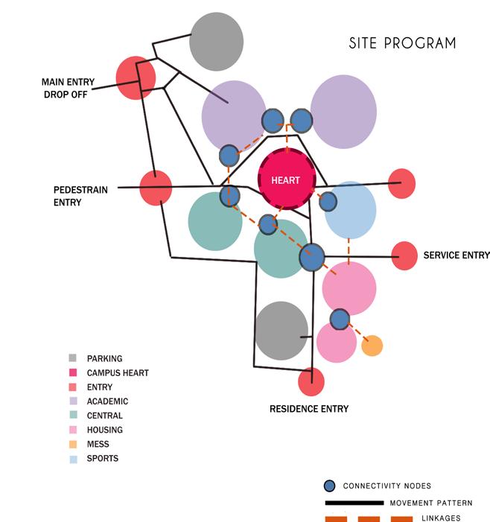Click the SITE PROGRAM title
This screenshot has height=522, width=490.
(x=402, y=43)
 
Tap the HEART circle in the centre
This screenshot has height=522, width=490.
(x=287, y=180)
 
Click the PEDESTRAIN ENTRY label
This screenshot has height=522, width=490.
(x=80, y=196)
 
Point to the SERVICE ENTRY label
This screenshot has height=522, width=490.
(x=456, y=255)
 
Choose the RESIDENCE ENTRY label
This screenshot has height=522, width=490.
(x=309, y=409)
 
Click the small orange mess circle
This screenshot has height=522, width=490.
(x=372, y=346)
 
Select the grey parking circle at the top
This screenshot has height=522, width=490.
(x=216, y=41)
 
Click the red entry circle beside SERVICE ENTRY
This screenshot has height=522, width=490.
(x=404, y=255)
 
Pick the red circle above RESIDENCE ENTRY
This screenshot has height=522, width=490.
(x=311, y=382)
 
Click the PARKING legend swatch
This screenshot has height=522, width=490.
(x=72, y=358)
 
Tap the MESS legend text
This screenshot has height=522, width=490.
(x=98, y=445)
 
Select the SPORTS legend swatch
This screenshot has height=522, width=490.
(x=72, y=459)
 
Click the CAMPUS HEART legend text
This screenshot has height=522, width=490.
(x=118, y=372)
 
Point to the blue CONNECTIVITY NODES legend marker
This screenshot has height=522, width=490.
(x=329, y=486)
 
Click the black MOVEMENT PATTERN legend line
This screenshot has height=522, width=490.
(x=354, y=503)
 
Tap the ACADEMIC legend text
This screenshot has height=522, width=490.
(x=107, y=401)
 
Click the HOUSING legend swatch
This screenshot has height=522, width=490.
(x=72, y=430)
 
